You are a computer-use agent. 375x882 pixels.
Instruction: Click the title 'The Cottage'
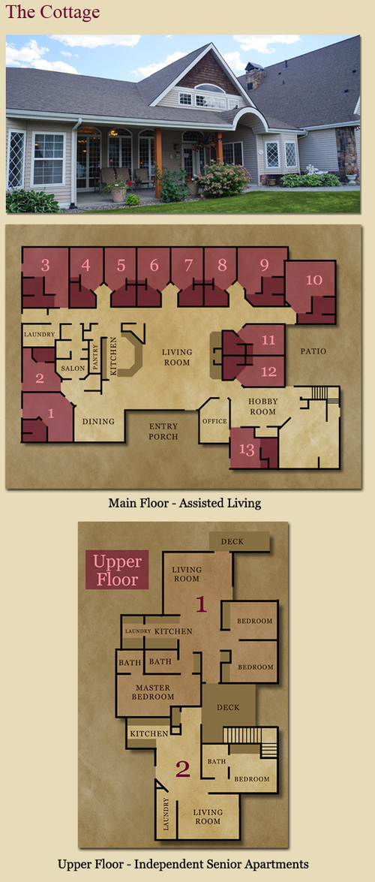52,12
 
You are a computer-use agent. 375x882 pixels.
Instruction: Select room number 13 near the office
247,450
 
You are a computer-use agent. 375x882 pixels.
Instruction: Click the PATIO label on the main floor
313,351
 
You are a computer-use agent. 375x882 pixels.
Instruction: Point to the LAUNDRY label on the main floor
39,335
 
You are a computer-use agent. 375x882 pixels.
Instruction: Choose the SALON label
73,369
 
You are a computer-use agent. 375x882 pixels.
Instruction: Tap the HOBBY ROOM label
262,406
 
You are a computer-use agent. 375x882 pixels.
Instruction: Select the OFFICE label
214,421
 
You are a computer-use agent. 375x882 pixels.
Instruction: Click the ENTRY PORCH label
163,431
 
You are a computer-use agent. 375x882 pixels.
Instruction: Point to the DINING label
98,421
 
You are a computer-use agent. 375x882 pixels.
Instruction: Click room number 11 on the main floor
268,340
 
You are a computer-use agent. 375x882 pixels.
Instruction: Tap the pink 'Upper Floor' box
117,569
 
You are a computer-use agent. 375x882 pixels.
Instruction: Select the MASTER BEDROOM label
153,692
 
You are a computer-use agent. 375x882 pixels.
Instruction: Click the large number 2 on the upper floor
183,769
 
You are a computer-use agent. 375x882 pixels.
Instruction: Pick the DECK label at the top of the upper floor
232,542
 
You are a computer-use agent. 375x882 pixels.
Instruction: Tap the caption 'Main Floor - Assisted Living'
184,502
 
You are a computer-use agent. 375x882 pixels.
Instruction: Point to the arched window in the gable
209,89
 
